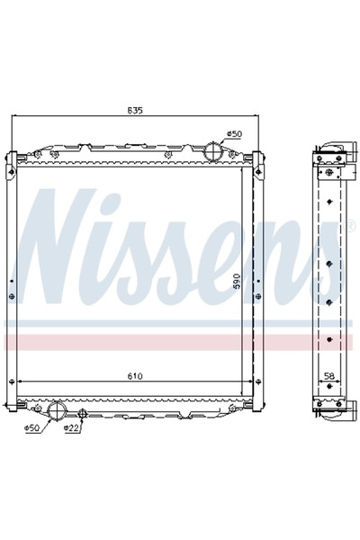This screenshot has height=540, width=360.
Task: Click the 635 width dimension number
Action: pyautogui.click(x=135, y=111)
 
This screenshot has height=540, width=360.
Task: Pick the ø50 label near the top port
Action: pyautogui.click(x=233, y=133)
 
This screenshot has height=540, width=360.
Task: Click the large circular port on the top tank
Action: pyautogui.click(x=212, y=149)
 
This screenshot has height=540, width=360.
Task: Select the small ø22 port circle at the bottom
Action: pyautogui.click(x=82, y=413)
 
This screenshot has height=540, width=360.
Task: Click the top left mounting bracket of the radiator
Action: pyautogui.click(x=12, y=162)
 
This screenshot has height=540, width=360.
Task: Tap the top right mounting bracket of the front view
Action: pyautogui.click(x=258, y=162)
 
